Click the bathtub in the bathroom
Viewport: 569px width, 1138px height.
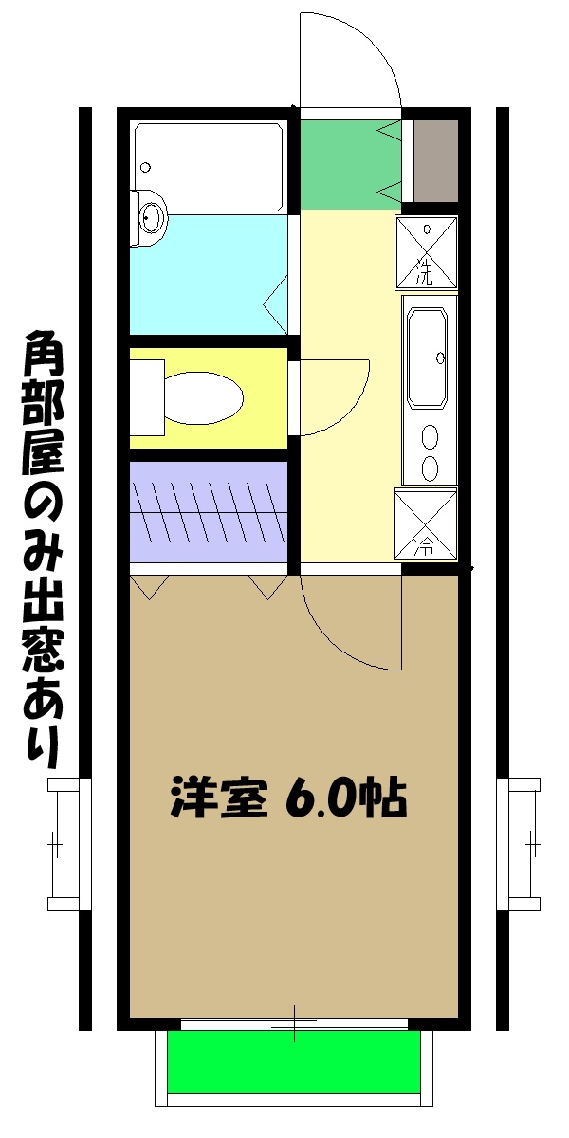pos(209,167)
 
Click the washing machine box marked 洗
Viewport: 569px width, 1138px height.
pos(427,253)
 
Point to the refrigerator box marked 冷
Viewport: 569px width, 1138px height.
pos(426,523)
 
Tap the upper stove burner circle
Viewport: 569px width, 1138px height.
pos(430,438)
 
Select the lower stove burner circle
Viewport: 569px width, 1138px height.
pos(430,468)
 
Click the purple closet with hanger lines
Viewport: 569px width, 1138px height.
pos(208,512)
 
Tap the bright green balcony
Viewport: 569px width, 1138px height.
pos(294,1062)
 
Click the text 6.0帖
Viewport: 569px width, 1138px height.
pos(346,798)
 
